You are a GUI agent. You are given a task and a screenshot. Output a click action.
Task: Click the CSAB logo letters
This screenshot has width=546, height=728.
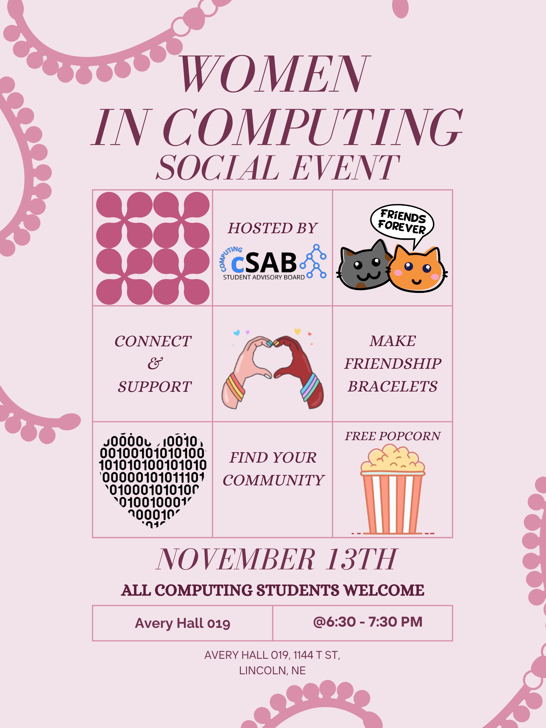pyautogui.click(x=264, y=263)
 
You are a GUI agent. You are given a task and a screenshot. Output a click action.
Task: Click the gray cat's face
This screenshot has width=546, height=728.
pyautogui.click(x=364, y=266)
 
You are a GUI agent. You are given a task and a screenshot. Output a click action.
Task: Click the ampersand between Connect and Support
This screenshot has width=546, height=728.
pyautogui.click(x=155, y=363)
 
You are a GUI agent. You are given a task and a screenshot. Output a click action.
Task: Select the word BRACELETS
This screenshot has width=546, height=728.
pyautogui.click(x=393, y=386)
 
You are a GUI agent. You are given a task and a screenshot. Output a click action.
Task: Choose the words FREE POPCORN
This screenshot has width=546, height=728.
pyautogui.click(x=393, y=436)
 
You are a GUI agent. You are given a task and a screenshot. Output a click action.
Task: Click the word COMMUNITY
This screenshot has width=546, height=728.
pyautogui.click(x=274, y=480)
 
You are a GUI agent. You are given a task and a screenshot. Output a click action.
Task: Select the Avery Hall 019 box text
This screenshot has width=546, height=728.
pyautogui.click(x=183, y=623)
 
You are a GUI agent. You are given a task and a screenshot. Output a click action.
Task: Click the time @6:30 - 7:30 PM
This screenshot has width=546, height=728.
pyautogui.click(x=367, y=622)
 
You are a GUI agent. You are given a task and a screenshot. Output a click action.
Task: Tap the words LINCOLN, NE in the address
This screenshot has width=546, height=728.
pyautogui.click(x=272, y=670)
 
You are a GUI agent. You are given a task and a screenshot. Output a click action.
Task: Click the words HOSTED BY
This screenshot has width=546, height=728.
pyautogui.click(x=273, y=228)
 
